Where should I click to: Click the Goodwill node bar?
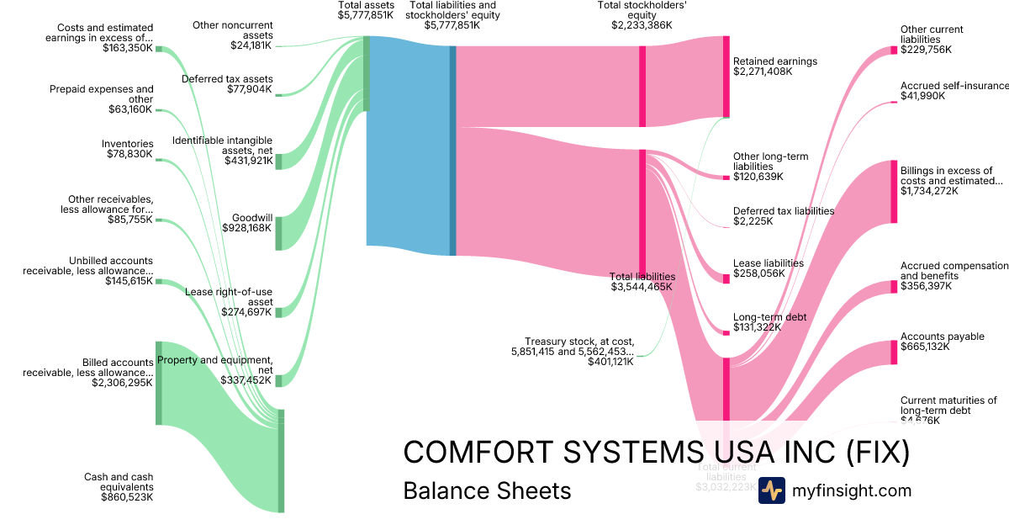pos(278,233)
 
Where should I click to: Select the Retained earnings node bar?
pos(726,77)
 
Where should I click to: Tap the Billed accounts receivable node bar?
pos(158,383)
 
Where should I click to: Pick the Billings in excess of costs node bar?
pos(894,192)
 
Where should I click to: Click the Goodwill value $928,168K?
pos(246,227)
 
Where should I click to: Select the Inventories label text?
pos(128,144)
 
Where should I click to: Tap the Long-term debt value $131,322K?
pos(757,327)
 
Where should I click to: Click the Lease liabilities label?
pos(769,262)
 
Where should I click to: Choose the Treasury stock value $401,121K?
pos(611,361)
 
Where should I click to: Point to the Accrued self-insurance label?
pos(954,86)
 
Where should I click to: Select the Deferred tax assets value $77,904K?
pos(250,89)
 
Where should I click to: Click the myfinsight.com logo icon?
pos(772,490)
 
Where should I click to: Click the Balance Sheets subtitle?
pos(487,490)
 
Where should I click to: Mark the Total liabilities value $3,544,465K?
pos(642,287)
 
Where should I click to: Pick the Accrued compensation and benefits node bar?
pos(894,287)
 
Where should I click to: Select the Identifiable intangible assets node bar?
pos(278,162)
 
